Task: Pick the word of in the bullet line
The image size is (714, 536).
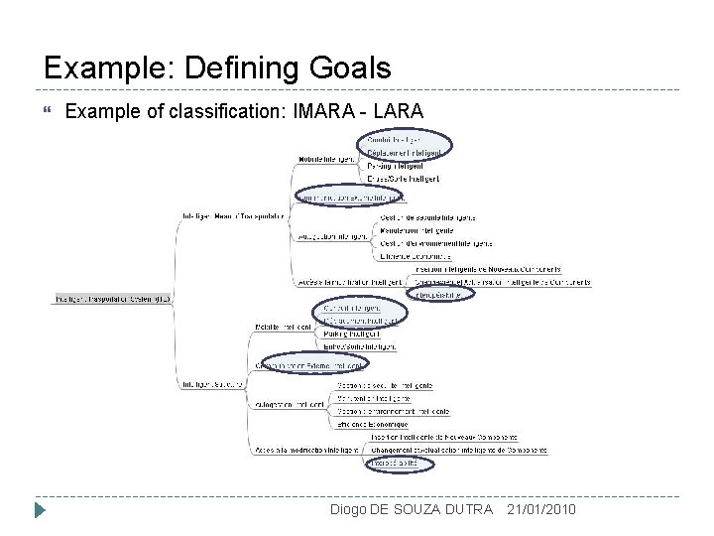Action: point(145,111)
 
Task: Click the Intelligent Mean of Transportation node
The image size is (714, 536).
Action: point(234,213)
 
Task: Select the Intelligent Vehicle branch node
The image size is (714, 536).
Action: point(215,385)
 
